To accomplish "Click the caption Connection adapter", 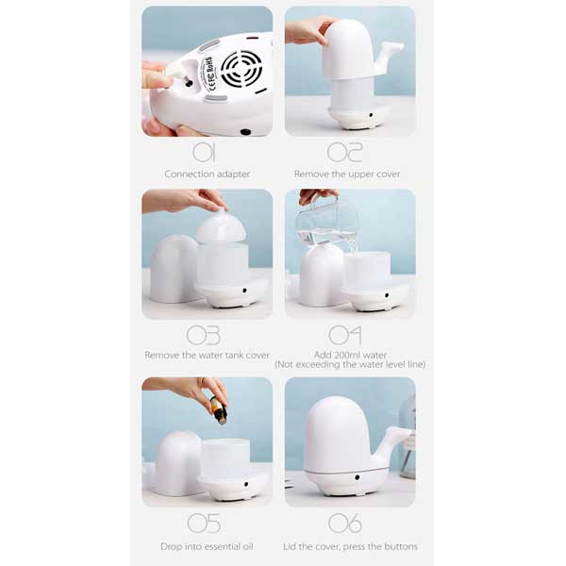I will (x=207, y=175).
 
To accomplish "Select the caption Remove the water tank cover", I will (x=207, y=356).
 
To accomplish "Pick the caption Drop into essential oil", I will (x=207, y=546).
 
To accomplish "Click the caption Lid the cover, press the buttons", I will (x=350, y=546).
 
